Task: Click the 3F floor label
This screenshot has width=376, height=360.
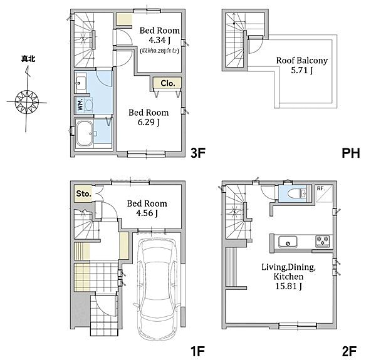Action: pos(198,153)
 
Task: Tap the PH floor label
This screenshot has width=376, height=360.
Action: pos(351,153)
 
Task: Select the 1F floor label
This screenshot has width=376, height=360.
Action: pos(197,351)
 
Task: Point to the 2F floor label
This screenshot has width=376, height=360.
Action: pos(350,351)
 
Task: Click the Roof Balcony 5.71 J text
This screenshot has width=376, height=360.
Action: pos(302,65)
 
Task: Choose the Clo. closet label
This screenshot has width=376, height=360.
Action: pos(167,83)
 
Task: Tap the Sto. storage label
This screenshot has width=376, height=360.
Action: pos(84,193)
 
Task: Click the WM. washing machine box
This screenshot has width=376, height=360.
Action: pos(80,105)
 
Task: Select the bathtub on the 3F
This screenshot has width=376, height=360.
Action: pos(85,133)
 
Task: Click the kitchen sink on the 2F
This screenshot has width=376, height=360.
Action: pos(288,242)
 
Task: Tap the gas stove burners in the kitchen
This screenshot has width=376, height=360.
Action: pos(323,240)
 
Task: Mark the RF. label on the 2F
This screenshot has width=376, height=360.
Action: pos(321,188)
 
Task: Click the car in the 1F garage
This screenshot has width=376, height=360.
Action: pos(157,289)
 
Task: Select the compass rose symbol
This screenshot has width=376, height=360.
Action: pos(27,102)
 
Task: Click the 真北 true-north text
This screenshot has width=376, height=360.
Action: pos(28,59)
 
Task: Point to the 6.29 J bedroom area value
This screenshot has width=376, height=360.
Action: pos(149,122)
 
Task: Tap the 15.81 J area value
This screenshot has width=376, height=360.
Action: pos(288,286)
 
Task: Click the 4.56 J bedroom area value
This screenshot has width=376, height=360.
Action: pos(147,213)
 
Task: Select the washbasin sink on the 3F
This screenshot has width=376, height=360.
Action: pos(80,83)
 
